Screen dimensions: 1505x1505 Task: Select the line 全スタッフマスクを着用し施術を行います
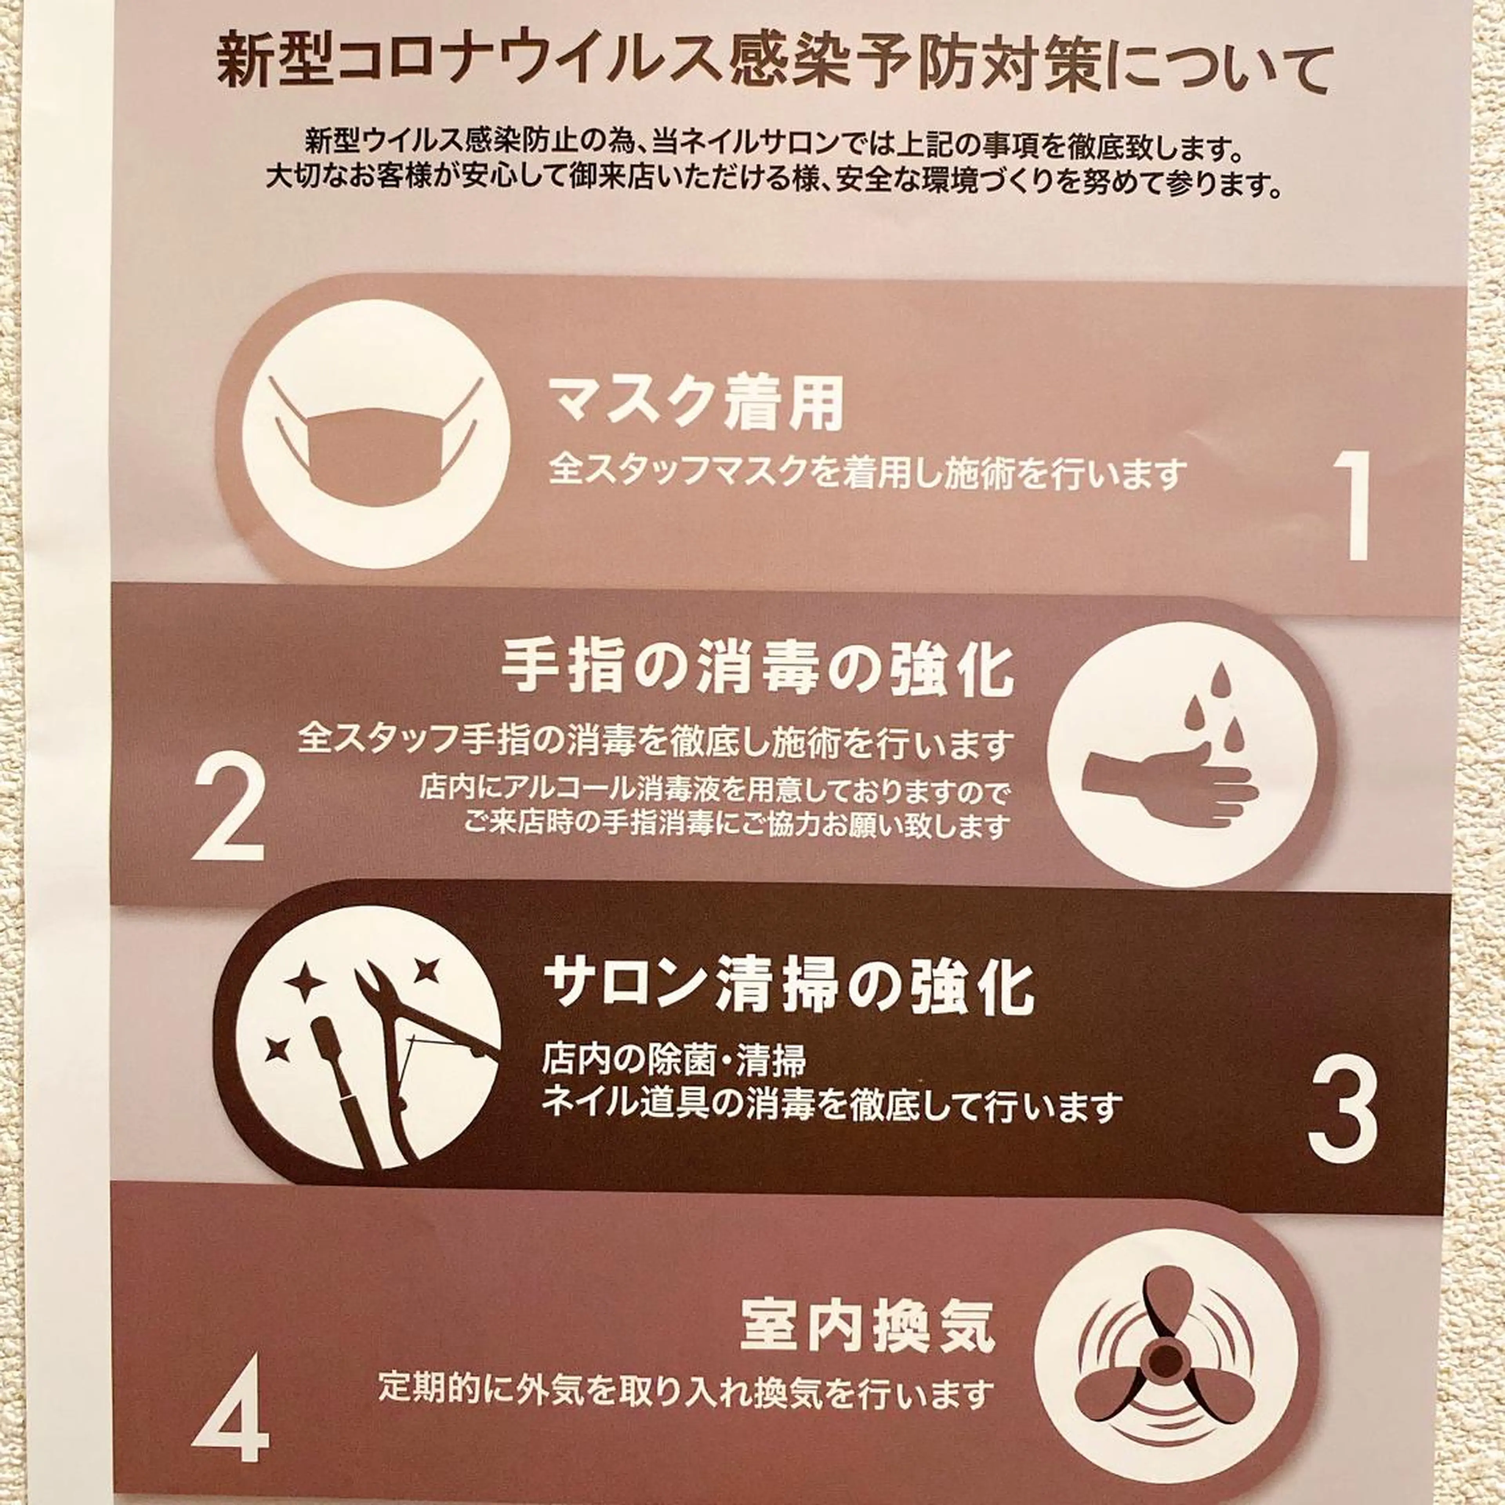[867, 473]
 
